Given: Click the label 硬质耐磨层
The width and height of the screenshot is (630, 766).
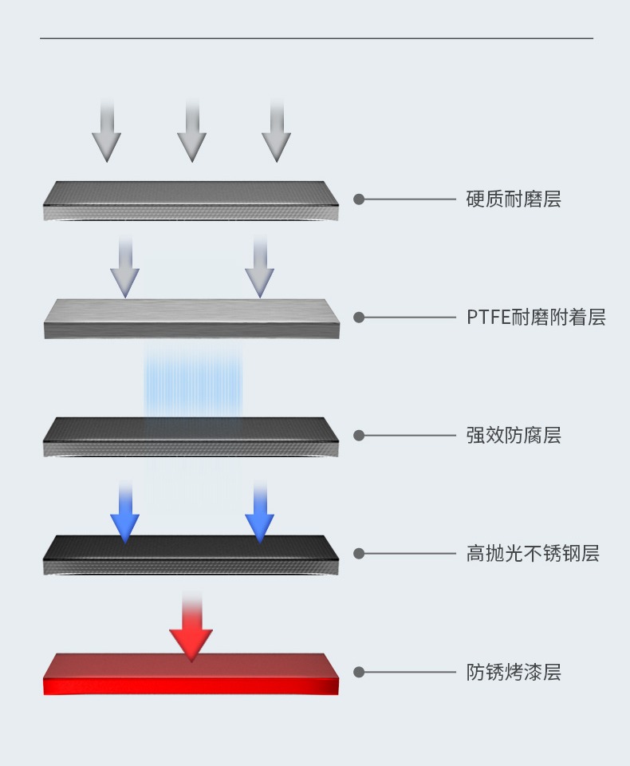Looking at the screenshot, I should [513, 199].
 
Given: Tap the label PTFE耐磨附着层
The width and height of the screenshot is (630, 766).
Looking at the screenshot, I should [536, 318].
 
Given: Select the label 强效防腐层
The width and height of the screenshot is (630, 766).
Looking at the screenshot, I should [513, 436].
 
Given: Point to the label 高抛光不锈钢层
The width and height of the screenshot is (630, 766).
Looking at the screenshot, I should [532, 554].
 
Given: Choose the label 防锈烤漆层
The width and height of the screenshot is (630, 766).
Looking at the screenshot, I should [513, 672].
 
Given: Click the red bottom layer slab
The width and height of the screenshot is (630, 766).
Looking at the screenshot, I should [191, 674].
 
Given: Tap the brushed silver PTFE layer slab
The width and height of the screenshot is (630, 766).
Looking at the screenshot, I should [191, 318].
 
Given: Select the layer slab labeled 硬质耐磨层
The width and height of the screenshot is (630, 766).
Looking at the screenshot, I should [191, 200].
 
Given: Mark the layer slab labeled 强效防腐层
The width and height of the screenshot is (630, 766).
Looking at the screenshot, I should [191, 436].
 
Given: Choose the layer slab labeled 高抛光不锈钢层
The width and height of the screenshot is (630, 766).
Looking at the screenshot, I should [191, 555].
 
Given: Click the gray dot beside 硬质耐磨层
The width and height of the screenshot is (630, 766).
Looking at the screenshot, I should [359, 199].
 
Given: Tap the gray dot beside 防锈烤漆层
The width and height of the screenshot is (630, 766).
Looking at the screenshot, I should [359, 672].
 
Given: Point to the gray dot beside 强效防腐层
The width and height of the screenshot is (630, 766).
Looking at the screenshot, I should [359, 436].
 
